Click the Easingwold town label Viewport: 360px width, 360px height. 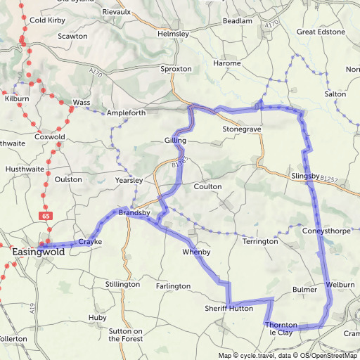point(39,251)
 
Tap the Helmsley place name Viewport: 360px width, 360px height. point(174,33)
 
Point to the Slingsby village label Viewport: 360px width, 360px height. point(304,175)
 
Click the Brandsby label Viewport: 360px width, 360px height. point(134,212)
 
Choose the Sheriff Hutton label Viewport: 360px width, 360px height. point(229,308)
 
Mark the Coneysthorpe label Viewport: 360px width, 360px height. point(326,230)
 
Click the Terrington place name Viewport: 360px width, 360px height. point(260,241)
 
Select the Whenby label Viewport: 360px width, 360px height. point(196,252)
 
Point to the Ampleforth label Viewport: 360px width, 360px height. point(126,112)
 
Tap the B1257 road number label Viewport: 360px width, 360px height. point(327,180)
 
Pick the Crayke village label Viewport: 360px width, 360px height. point(90,242)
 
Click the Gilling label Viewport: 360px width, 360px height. point(175,141)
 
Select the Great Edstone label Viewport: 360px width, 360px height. point(321,32)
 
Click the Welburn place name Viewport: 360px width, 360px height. point(340,285)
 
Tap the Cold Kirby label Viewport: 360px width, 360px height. point(46,20)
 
